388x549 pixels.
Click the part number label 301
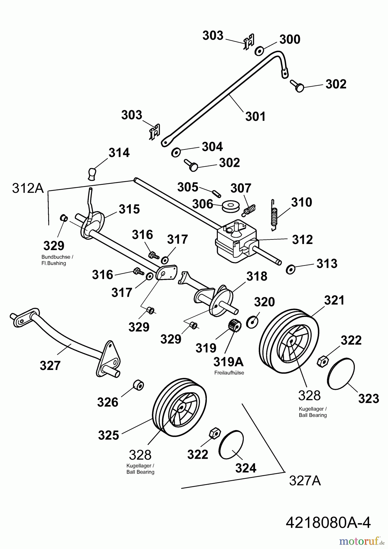click(x=255, y=117)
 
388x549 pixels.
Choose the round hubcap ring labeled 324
click(x=231, y=445)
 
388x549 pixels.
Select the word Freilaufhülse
click(x=229, y=373)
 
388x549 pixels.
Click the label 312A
click(x=28, y=188)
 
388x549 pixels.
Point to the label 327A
click(x=305, y=481)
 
